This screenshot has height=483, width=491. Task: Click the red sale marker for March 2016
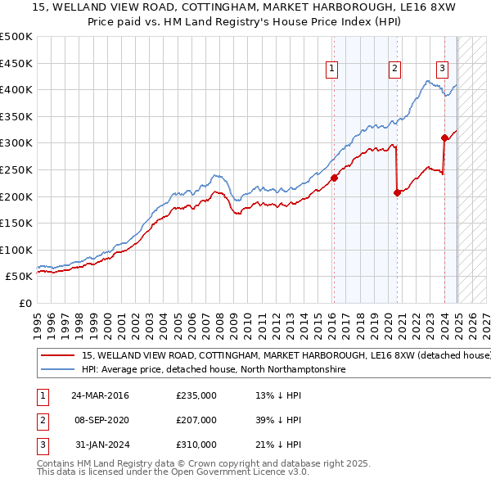coord(334,178)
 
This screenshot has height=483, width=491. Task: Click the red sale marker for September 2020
coord(397,192)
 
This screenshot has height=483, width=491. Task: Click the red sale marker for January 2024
coord(444,138)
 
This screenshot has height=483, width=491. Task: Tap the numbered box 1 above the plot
coord(332,70)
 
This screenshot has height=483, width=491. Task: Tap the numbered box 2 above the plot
coord(394,70)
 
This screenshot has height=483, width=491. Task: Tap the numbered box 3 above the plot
coord(442,70)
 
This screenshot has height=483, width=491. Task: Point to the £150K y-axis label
coord(16,223)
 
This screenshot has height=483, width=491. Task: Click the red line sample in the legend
coord(57,356)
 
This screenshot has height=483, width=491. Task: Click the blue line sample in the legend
coord(57,370)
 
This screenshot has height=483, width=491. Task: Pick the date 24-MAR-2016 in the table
coord(100,395)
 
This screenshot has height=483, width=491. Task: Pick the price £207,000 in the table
coord(196,420)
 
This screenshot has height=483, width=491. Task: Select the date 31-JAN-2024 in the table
coord(100,445)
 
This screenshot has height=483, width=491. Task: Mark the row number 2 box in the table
coord(42,420)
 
